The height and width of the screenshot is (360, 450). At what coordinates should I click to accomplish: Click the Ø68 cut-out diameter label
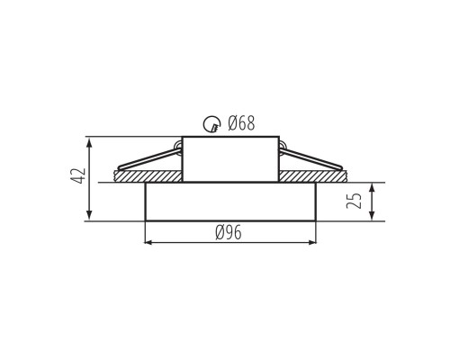click(x=241, y=123)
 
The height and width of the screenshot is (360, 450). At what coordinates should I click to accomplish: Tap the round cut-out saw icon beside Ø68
click(x=211, y=123)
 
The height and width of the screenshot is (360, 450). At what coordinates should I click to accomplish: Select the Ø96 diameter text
click(x=229, y=233)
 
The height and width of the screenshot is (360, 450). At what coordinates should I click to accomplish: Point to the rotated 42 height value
click(x=77, y=176)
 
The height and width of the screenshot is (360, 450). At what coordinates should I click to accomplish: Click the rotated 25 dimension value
click(x=355, y=200)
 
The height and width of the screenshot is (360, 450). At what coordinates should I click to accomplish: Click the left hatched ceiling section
click(x=148, y=176)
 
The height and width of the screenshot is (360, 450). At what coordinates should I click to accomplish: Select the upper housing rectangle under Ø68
click(x=230, y=159)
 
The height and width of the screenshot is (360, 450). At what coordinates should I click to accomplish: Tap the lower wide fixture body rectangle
click(x=230, y=202)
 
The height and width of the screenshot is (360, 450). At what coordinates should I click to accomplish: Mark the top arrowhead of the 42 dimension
click(x=89, y=140)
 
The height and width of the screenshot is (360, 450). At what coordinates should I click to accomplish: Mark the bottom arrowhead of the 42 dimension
click(x=89, y=217)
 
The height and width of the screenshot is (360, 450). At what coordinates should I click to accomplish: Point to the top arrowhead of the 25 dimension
click(x=372, y=186)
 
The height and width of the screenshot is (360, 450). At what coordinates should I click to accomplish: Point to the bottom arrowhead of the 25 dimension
click(x=372, y=217)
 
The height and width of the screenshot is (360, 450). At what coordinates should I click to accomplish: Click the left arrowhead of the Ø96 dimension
click(x=149, y=242)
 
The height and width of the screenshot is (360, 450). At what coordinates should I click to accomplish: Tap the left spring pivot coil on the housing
click(x=179, y=148)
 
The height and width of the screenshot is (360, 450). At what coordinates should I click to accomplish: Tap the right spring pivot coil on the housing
click(x=282, y=148)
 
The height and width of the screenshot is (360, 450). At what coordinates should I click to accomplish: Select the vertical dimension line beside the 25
click(x=372, y=202)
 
